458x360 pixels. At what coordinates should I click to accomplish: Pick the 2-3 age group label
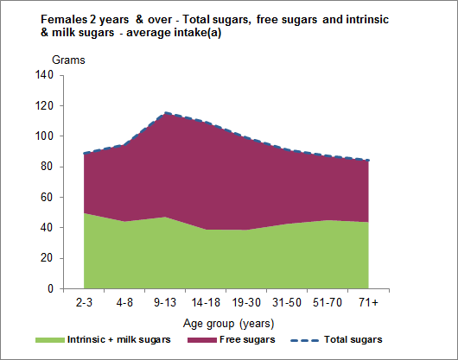(x=83, y=304)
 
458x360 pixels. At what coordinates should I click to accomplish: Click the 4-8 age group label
(x=124, y=304)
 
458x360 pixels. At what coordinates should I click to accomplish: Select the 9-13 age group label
(x=165, y=304)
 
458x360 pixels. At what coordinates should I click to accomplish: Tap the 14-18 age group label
(x=206, y=304)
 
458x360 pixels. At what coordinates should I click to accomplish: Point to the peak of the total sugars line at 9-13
(x=166, y=113)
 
